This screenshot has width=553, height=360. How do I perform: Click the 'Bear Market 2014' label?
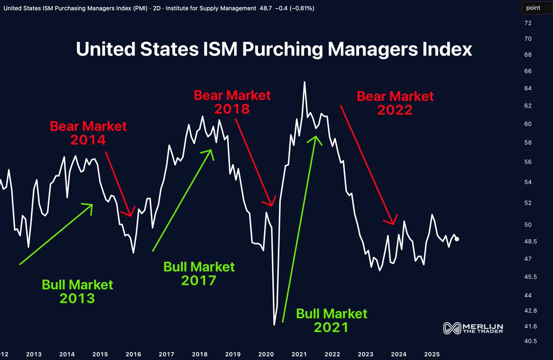tap(88, 133)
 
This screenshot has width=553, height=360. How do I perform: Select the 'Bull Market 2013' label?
tap(77, 291)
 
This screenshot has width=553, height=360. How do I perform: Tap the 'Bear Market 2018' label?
tap(232, 102)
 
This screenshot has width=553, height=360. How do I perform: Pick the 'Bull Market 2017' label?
tap(199, 273)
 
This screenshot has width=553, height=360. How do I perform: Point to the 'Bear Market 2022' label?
tap(395, 103)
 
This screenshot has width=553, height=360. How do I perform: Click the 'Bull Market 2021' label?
tap(332, 320)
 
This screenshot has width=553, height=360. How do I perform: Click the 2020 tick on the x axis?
tap(266, 354)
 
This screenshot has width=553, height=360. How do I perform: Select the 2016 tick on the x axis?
tap(133, 354)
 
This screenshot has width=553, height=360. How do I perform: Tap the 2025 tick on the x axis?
tap(432, 354)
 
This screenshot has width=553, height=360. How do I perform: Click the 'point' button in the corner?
tap(533, 8)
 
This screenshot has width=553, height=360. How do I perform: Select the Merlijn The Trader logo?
tap(473, 328)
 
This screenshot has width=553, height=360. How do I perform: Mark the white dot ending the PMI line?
tap(457, 239)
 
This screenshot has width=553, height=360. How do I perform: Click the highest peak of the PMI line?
tap(305, 82)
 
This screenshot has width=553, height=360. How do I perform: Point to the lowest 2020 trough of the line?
tap(275, 325)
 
